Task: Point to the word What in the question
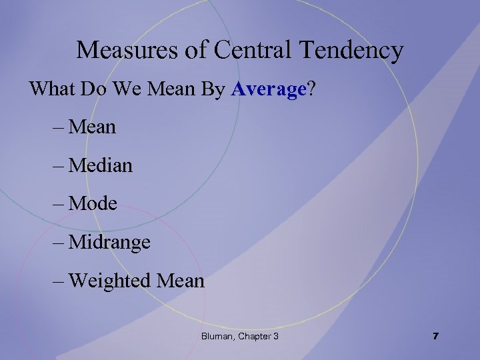(51, 89)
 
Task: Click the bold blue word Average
(268, 89)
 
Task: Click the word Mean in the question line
(171, 89)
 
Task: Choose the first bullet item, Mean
(92, 127)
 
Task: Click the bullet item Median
(100, 165)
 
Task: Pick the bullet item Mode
(93, 203)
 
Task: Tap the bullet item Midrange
(109, 242)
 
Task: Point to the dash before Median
(58, 165)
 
